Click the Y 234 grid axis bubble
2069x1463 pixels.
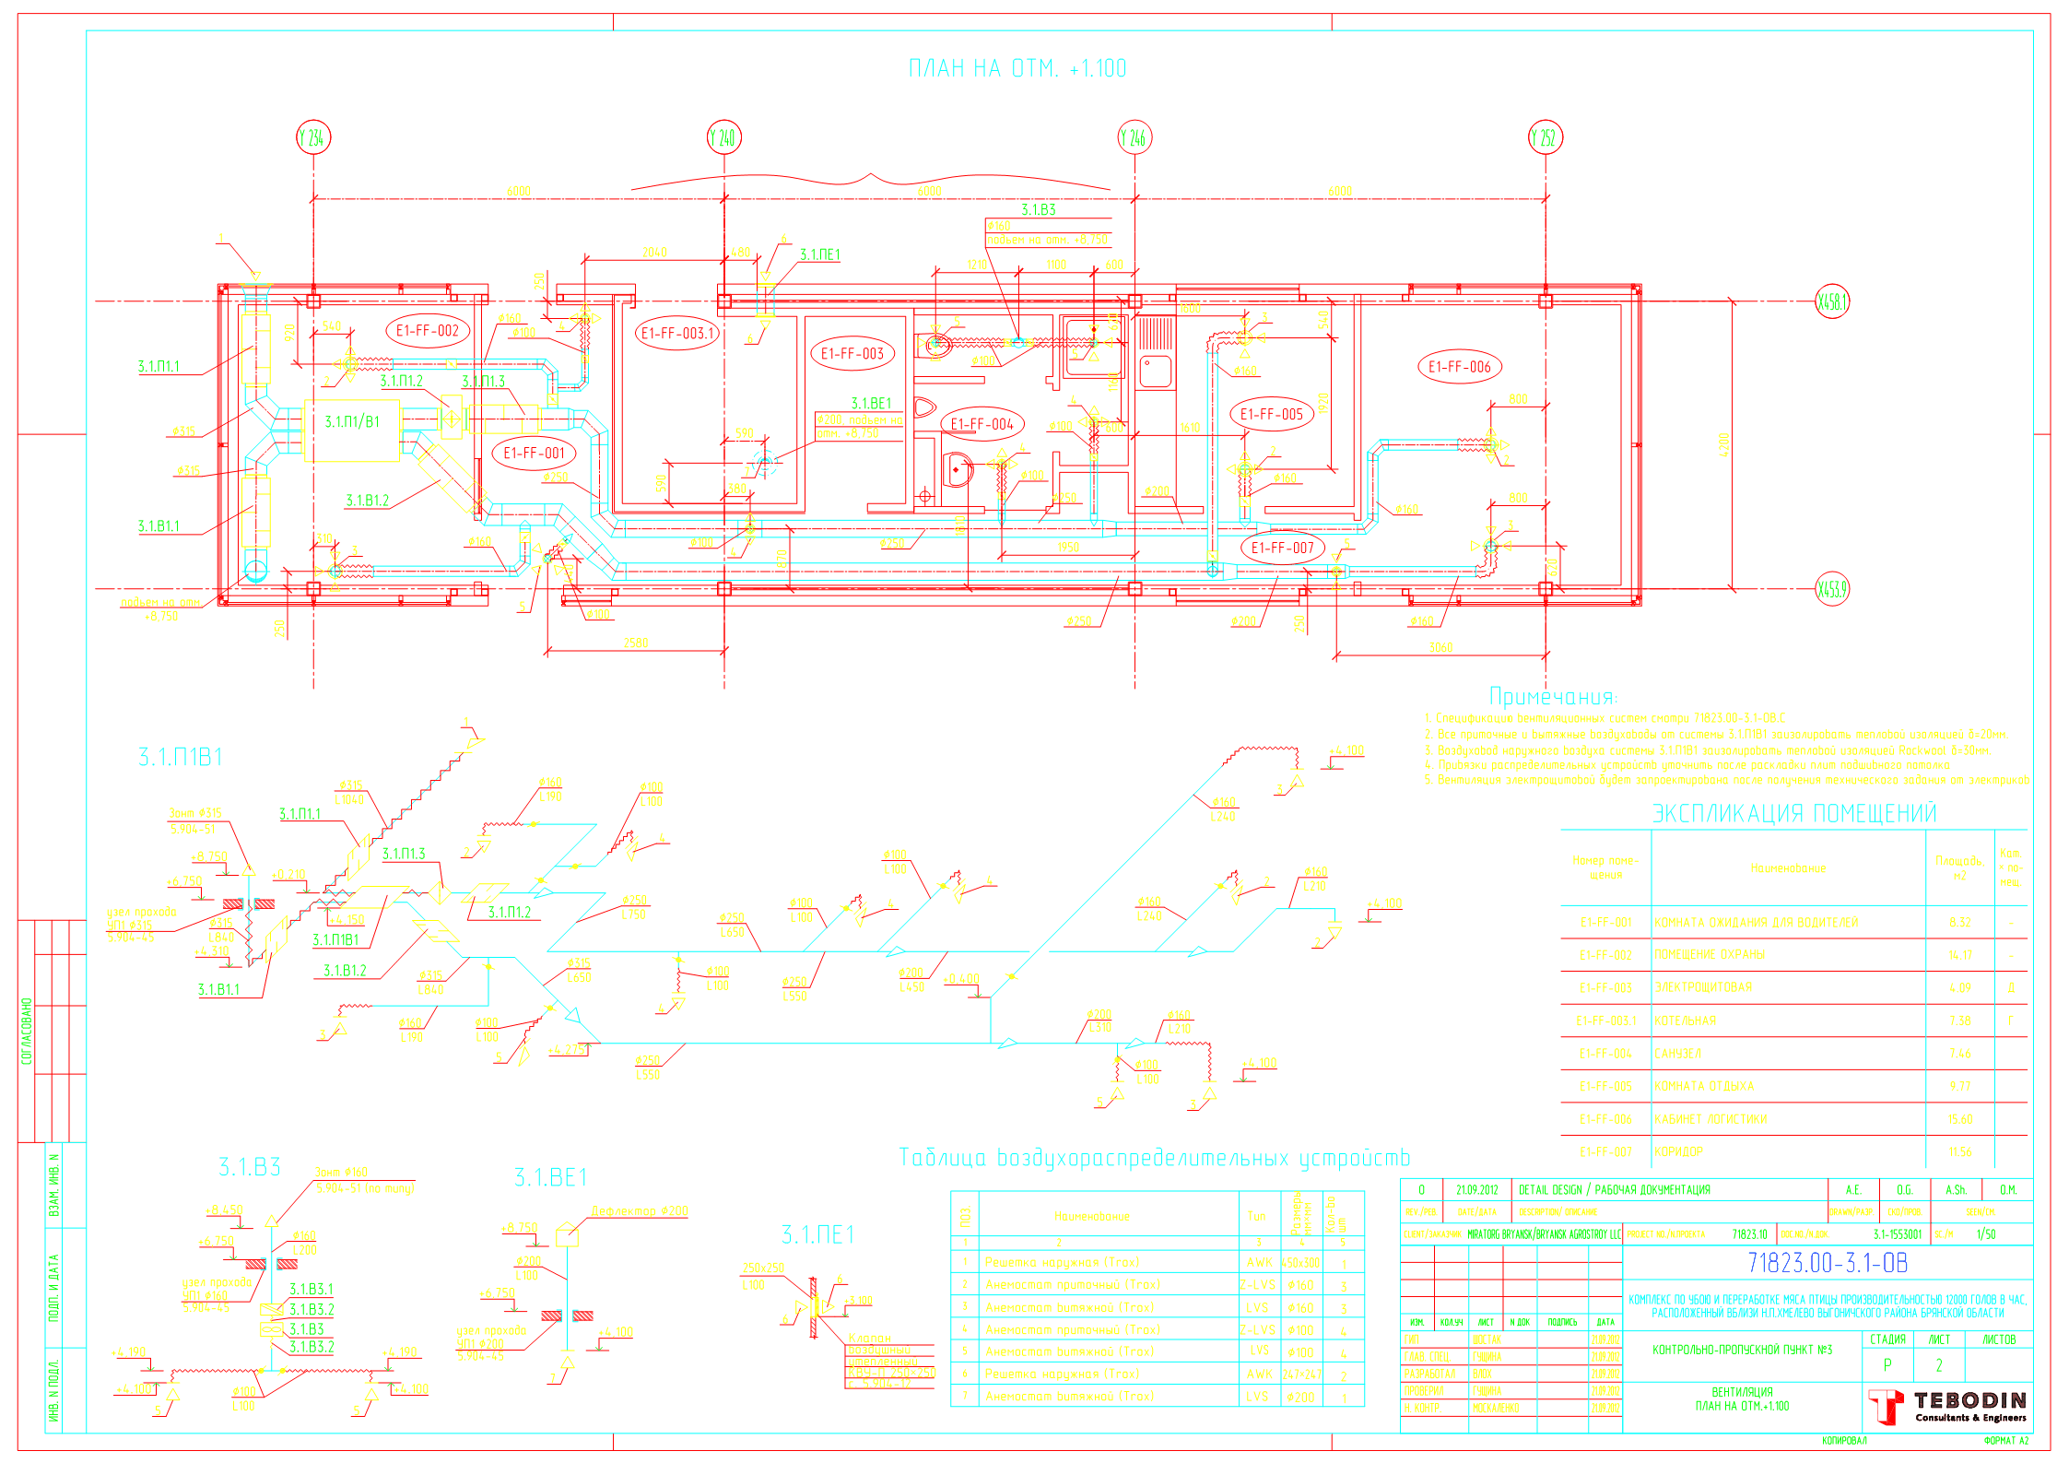313,137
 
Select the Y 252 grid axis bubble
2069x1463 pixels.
1545,137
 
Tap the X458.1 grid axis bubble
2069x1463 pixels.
1832,301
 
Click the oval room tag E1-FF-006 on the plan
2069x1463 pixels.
1459,367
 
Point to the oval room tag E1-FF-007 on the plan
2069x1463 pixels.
1282,548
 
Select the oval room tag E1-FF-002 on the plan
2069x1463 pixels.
428,331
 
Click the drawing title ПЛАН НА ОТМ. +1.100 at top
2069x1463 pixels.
1017,69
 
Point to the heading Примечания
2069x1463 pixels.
1552,697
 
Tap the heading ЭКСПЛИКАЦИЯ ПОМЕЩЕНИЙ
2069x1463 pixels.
1793,813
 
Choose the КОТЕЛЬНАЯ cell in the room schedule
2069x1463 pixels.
1685,1021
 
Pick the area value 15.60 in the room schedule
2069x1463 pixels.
1960,1119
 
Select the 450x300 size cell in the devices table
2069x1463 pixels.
1300,1263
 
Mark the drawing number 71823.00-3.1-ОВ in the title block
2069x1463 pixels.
1828,1263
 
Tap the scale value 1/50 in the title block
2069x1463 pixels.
1986,1234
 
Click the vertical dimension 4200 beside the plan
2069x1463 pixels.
1724,444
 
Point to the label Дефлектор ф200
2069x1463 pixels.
640,1210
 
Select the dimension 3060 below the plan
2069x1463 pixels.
1440,648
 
